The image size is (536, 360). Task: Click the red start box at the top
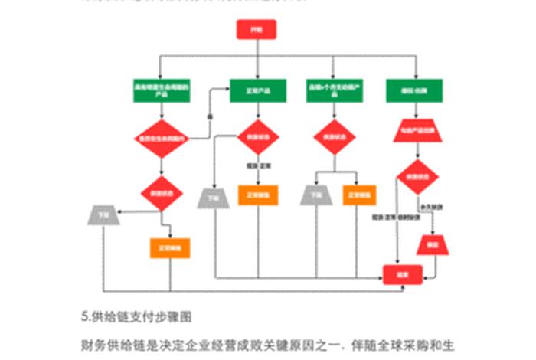pos(255,30)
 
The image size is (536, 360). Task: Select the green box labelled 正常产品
pos(257,90)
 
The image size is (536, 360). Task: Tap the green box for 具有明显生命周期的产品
pos(161,90)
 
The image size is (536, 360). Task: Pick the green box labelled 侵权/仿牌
pos(417,90)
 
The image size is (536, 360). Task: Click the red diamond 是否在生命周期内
pos(161,139)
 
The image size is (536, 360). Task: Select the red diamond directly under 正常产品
pos(257,137)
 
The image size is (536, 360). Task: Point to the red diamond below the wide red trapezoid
pos(416,177)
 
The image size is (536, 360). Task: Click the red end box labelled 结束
pos(403,273)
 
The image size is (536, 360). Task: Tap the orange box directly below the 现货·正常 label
pos(257,195)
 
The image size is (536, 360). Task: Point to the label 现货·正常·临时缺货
pos(394,218)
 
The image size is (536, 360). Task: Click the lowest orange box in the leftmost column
pos(168,248)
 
